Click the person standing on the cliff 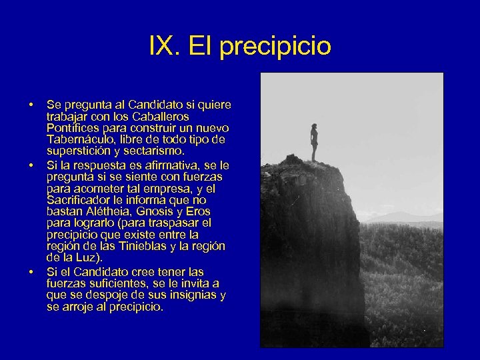click(314, 142)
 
